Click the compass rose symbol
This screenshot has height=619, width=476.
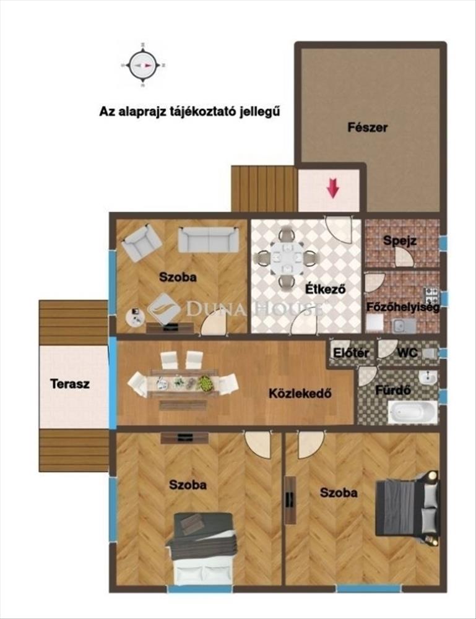click(142, 65)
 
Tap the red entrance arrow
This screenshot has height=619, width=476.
click(333, 188)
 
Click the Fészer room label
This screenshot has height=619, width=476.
click(367, 128)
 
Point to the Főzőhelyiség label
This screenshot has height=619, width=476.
click(403, 307)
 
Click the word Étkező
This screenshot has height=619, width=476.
click(326, 289)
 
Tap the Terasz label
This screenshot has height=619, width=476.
click(70, 383)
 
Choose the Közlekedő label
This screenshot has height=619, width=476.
click(300, 393)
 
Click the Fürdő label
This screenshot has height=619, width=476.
click(392, 391)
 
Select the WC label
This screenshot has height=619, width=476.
click(407, 353)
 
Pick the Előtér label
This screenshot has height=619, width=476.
click(352, 353)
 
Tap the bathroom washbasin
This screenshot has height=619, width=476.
click(427, 379)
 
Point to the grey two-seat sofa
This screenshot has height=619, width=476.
click(209, 239)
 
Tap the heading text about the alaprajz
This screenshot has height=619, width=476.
click(189, 111)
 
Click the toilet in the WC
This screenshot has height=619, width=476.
click(430, 353)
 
